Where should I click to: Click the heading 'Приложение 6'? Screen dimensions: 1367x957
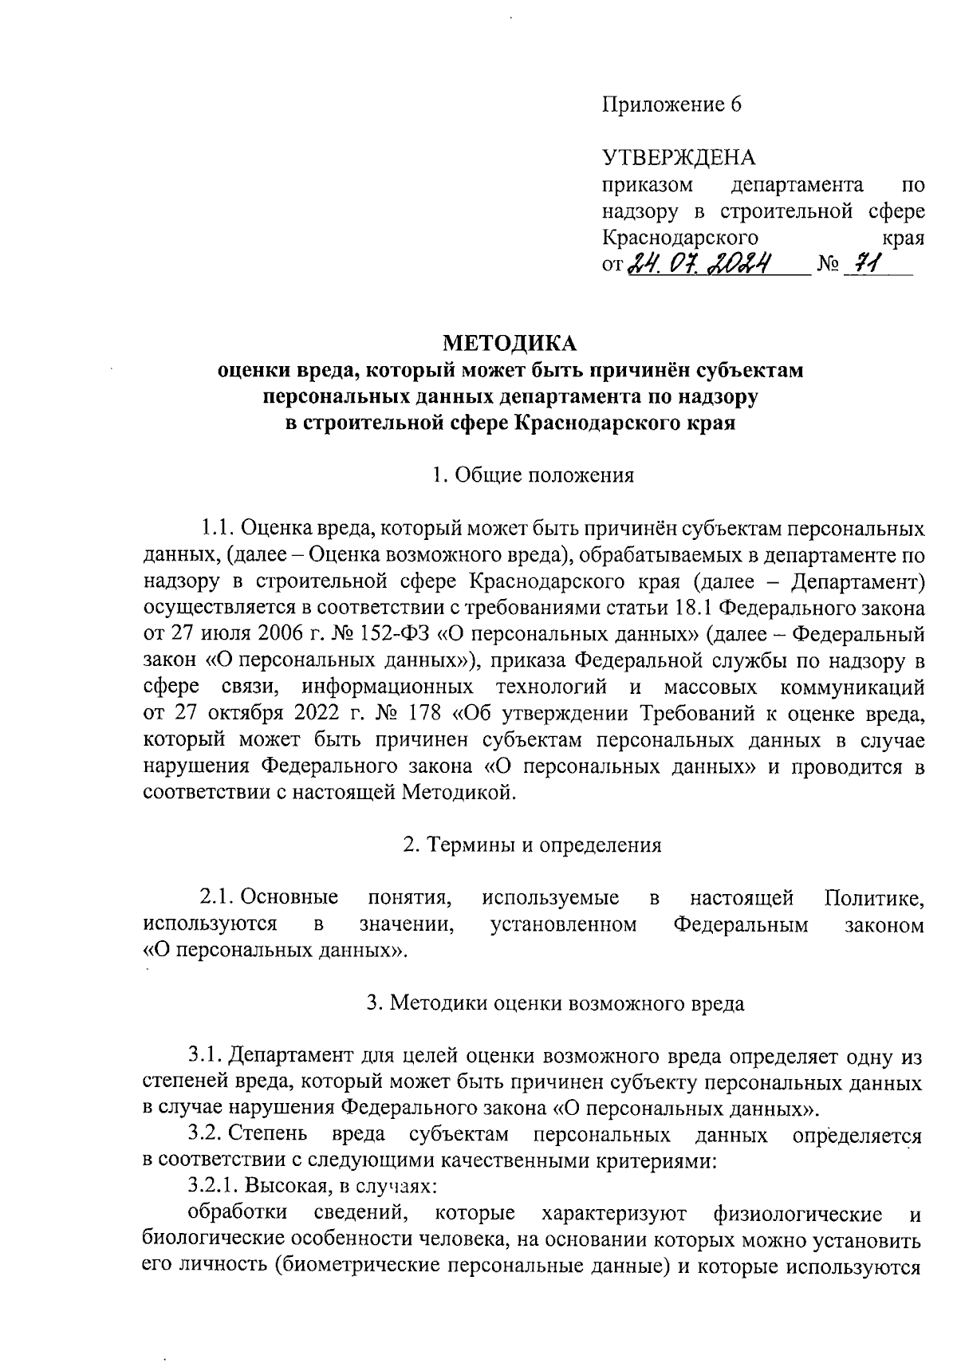[x=671, y=105]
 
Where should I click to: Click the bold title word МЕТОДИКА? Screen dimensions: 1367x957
[x=509, y=344]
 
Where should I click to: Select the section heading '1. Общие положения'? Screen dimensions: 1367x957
[x=532, y=476]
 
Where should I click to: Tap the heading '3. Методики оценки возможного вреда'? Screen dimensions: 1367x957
[x=555, y=1003]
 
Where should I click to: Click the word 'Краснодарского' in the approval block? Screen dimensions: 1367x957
[x=679, y=237]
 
